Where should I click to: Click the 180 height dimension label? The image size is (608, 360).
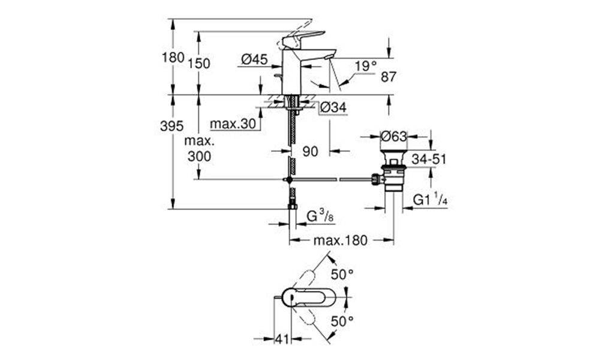173,58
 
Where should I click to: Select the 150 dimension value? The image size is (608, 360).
199,63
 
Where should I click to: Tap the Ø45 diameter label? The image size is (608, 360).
254,59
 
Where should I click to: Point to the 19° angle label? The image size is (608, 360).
366,66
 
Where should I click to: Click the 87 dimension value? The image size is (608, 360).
389,77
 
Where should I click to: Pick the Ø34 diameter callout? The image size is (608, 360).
333,107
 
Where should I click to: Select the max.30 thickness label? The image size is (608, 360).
233,124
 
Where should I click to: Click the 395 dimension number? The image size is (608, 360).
171,125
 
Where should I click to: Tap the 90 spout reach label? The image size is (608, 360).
310,151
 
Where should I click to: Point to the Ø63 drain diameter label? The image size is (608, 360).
394,136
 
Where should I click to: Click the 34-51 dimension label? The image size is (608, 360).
429,159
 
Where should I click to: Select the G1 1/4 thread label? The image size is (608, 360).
430,200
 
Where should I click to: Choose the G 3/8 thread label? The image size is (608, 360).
320,216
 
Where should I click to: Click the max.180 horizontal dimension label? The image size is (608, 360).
340,241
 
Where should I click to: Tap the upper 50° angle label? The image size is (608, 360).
342,275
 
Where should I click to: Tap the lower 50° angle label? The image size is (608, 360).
342,321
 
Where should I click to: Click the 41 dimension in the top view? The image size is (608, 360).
282,339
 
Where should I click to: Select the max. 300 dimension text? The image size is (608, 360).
199,149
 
